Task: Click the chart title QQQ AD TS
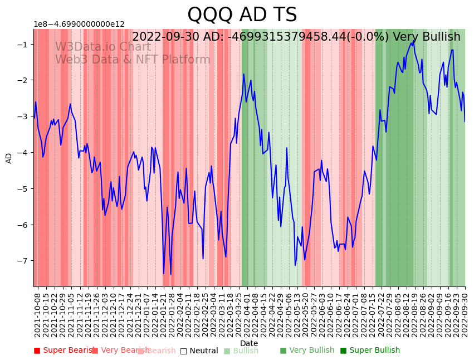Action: pyautogui.click(x=242, y=14)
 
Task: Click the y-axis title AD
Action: pyautogui.click(x=9, y=158)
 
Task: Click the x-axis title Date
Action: pyautogui.click(x=249, y=343)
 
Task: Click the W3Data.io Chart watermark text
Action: pyautogui.click(x=102, y=47)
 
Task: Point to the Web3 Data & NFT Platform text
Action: pyautogui.click(x=133, y=60)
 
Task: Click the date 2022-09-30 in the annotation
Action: pyautogui.click(x=165, y=37)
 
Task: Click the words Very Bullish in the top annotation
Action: pyautogui.click(x=427, y=37)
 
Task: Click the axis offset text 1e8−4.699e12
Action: pyautogui.click(x=79, y=25)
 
